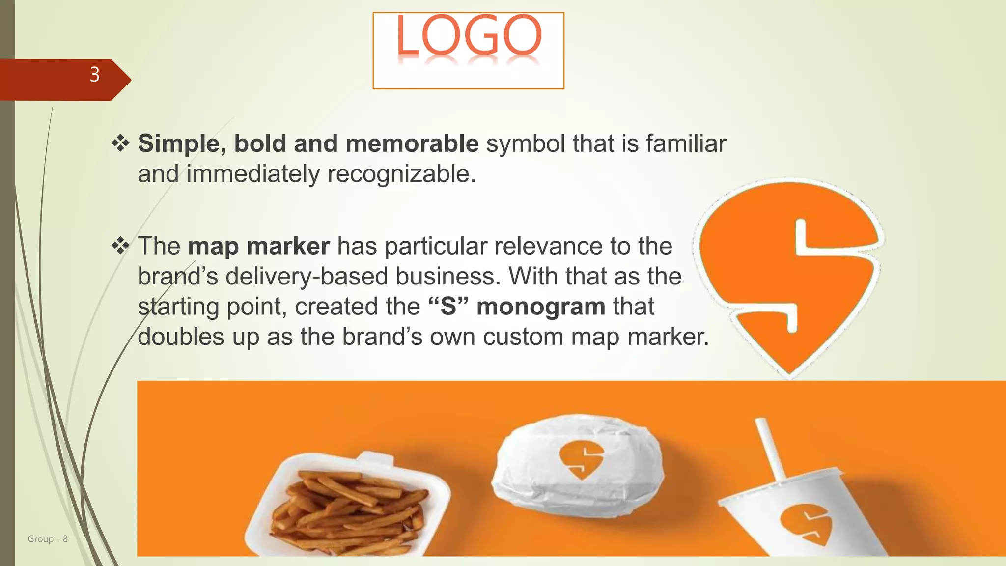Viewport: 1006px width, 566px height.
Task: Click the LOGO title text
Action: [x=469, y=35]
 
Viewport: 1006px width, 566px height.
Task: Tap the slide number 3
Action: [x=95, y=75]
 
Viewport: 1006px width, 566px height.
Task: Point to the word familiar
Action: [x=686, y=143]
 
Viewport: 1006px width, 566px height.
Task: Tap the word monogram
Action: [x=541, y=307]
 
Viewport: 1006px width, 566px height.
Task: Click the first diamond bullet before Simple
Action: [x=120, y=143]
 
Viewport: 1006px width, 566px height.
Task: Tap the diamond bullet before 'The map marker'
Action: [x=120, y=246]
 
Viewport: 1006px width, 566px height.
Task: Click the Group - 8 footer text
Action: [x=48, y=539]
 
